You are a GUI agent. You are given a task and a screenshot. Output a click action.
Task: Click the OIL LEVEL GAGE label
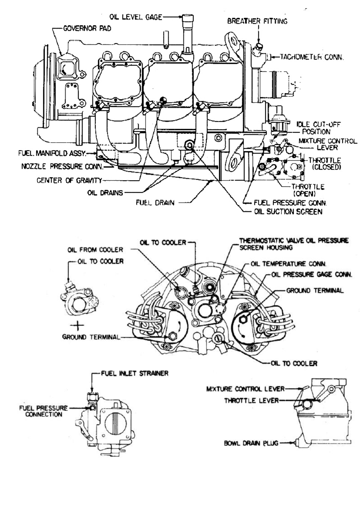tap(136, 17)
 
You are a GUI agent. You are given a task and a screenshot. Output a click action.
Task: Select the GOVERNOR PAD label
tap(87, 29)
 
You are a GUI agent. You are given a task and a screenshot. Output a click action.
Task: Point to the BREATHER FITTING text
tap(257, 21)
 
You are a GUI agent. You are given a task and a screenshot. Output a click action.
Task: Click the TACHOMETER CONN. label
tap(312, 57)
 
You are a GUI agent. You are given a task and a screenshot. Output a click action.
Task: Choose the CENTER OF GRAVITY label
tap(69, 180)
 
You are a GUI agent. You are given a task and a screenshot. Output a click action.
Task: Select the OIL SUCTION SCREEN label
tap(288, 212)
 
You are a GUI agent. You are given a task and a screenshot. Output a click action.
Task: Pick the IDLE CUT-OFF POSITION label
tap(318, 128)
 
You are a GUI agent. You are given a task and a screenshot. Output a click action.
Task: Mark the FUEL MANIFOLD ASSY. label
tap(52, 153)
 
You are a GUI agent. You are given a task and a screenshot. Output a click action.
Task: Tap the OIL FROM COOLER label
tap(95, 250)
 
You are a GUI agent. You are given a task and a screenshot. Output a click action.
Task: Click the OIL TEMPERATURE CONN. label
tap(288, 264)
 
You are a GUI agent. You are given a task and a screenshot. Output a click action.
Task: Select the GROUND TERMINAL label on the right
tap(315, 291)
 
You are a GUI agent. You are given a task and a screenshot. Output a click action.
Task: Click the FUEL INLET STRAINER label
tap(134, 373)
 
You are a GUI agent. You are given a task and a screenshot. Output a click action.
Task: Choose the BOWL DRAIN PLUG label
tap(251, 443)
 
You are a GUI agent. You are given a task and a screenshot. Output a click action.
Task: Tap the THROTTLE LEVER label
tap(251, 400)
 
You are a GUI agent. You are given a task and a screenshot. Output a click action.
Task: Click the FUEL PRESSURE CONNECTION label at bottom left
tap(43, 411)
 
